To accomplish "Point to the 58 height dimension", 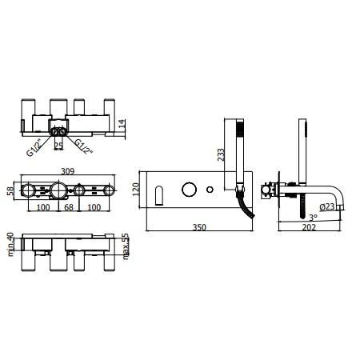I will tap(10, 190).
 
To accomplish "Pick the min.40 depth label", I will tap(10, 245).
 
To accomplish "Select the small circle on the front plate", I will tap(210, 190).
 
